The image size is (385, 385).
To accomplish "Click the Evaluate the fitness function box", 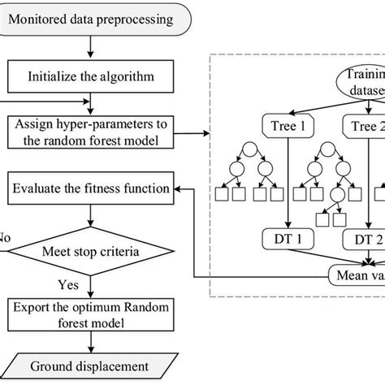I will pyautogui.click(x=91, y=188).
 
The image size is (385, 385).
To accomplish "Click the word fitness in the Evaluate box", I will pyautogui.click(x=114, y=188).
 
